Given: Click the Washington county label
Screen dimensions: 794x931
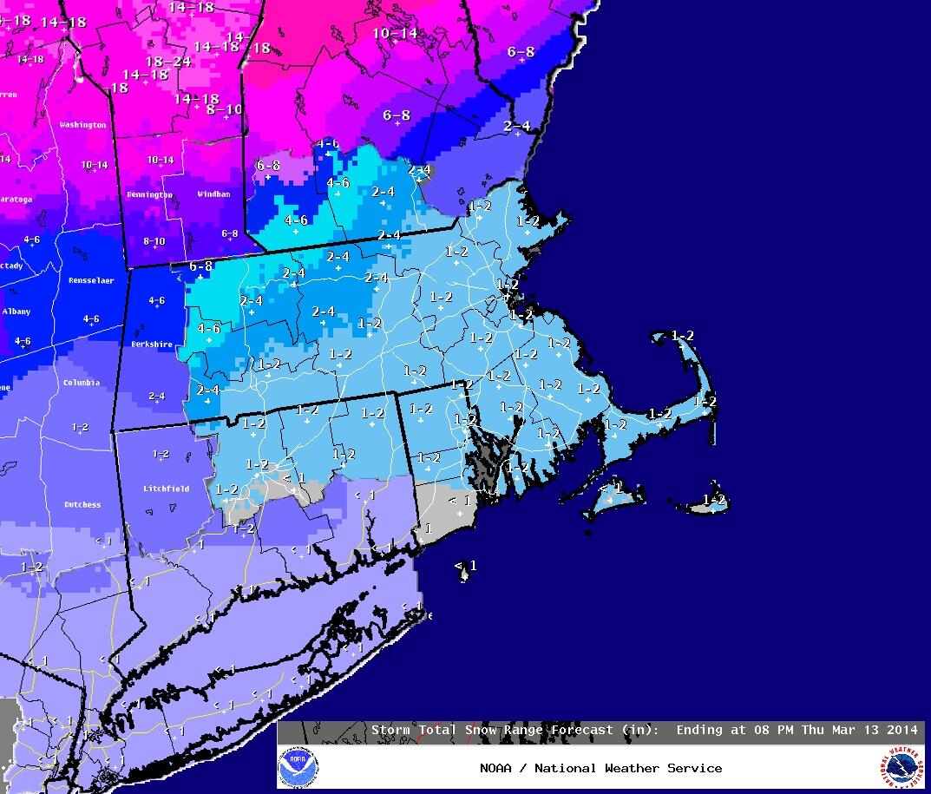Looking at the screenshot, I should pyautogui.click(x=82, y=125).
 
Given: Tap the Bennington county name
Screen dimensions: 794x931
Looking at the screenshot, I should pyautogui.click(x=148, y=195).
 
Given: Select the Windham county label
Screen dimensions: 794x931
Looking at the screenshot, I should pyautogui.click(x=213, y=194).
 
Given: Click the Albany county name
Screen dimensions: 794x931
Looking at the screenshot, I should pyautogui.click(x=16, y=312).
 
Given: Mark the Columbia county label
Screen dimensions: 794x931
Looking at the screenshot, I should pyautogui.click(x=81, y=383).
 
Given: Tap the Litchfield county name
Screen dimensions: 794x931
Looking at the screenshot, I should pyautogui.click(x=166, y=489).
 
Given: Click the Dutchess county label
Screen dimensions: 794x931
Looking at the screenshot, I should pyautogui.click(x=82, y=504).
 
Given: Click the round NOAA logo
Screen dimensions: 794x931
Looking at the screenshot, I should pyautogui.click(x=298, y=768).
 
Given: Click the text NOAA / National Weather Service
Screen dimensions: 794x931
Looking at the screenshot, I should pyautogui.click(x=600, y=768).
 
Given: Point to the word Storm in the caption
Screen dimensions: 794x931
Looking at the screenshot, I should pyautogui.click(x=390, y=730).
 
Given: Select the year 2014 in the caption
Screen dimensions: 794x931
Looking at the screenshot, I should pyautogui.click(x=900, y=730).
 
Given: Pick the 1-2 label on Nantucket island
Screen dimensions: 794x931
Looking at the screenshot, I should pyautogui.click(x=713, y=500).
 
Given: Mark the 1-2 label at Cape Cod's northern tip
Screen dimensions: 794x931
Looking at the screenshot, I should pyautogui.click(x=682, y=336).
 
